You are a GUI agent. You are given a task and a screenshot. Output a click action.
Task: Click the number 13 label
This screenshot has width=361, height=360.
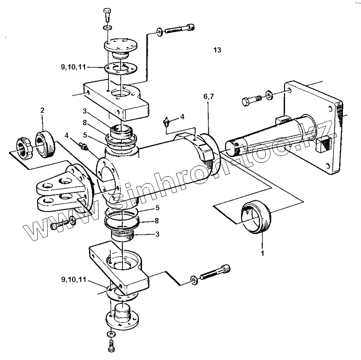217,50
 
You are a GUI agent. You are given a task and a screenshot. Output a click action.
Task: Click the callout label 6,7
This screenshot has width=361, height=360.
208,97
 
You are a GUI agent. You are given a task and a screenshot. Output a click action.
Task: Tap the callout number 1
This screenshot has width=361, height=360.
262,253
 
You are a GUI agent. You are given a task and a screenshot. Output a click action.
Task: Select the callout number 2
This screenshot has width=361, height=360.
42,110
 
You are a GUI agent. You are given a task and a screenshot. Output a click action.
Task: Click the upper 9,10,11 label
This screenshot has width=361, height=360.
73,67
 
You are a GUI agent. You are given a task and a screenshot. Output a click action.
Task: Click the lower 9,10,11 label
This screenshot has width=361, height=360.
74,280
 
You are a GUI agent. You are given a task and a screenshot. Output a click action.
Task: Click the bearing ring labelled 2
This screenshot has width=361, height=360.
45,144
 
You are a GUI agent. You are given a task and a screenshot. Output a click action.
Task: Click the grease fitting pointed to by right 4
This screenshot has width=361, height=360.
166,122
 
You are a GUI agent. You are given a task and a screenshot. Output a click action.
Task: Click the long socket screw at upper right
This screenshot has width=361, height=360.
180,28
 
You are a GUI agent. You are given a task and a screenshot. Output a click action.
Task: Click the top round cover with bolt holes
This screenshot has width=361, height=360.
121,45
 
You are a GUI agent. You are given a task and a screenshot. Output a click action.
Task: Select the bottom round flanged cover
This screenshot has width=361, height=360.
122,318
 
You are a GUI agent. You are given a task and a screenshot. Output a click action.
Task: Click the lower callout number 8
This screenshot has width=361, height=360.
157,221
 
